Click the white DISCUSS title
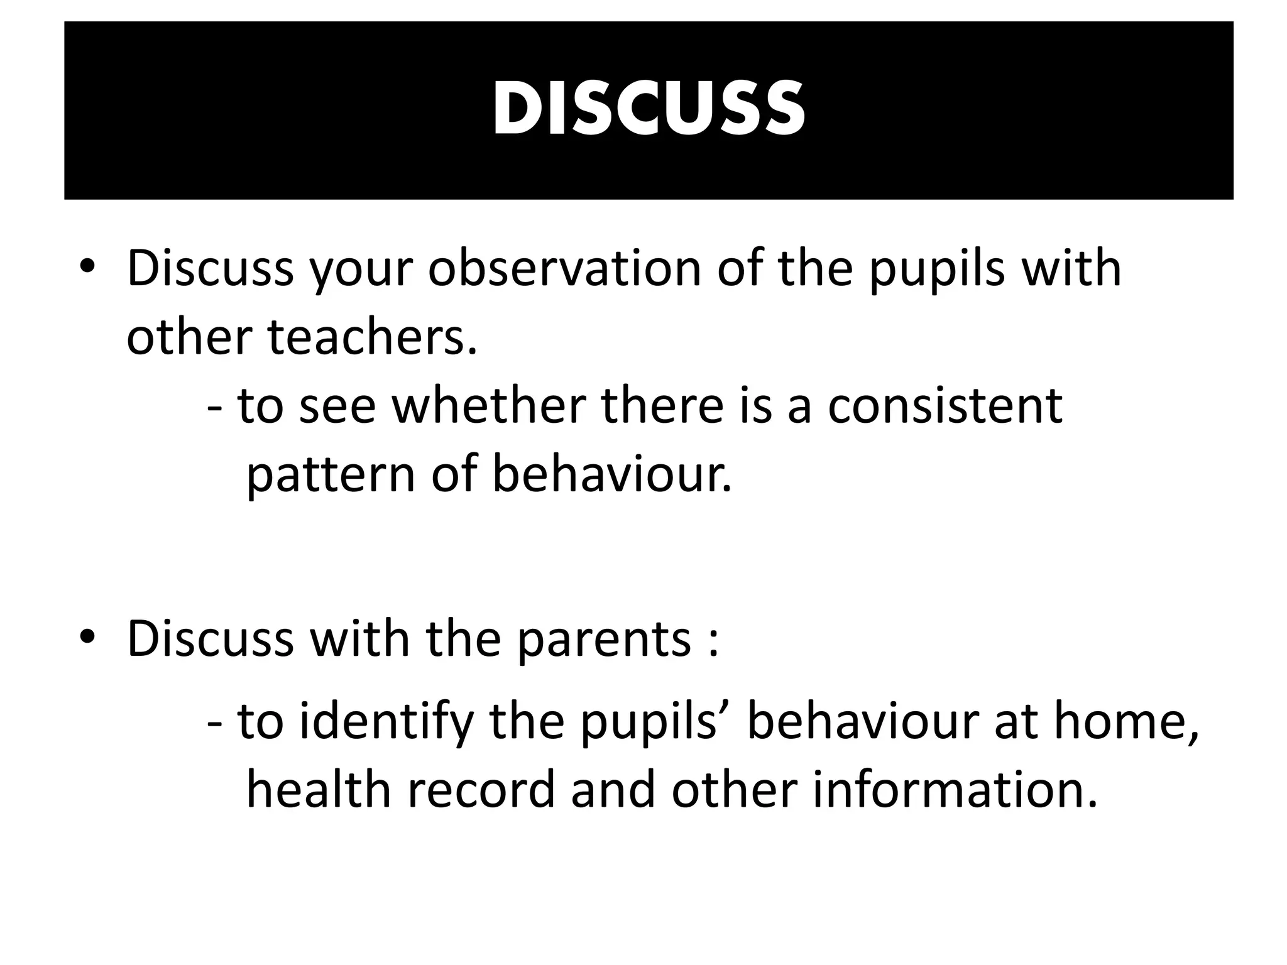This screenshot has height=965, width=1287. coord(648,109)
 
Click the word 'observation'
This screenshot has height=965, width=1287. coord(564,269)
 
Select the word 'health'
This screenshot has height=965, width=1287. coord(318,790)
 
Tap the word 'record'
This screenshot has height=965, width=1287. coord(481,790)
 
